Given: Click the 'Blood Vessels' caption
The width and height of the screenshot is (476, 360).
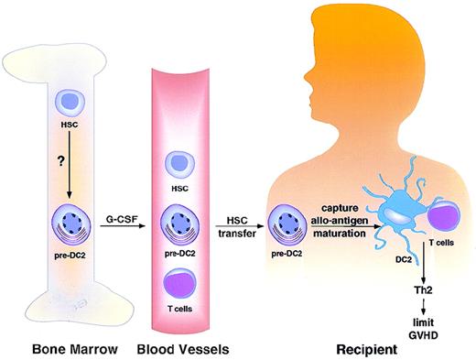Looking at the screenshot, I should pos(184,348).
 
